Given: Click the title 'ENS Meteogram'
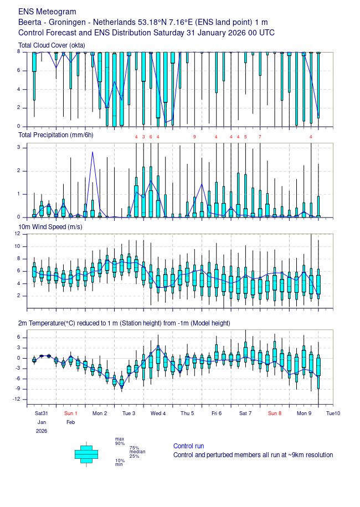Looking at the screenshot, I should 48,12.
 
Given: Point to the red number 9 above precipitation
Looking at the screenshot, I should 194,137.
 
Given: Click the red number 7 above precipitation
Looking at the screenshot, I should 260,137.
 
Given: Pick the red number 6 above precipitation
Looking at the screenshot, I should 151,137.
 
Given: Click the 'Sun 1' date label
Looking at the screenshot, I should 70,413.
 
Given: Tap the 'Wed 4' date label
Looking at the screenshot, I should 158,413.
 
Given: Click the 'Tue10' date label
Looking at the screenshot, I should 333,413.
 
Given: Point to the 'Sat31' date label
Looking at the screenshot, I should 42,413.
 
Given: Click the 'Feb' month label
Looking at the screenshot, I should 70,422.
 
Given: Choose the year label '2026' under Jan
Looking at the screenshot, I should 42,431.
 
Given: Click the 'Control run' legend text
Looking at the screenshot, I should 188,446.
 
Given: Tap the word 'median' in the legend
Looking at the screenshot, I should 137,452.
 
